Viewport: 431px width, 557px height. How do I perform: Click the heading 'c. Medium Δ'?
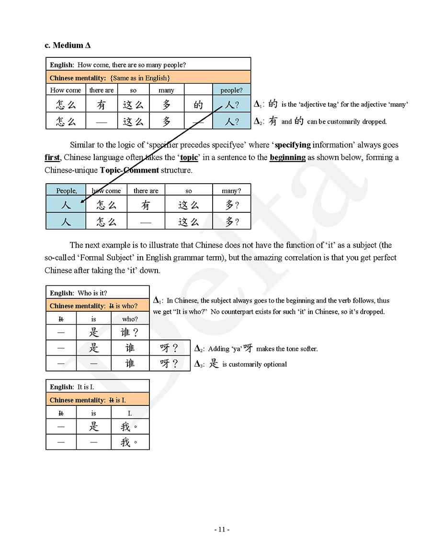point(68,45)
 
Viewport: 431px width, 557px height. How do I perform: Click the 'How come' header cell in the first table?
point(66,90)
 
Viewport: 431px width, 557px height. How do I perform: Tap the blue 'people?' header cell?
point(231,90)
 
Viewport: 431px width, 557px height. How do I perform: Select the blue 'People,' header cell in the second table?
point(66,190)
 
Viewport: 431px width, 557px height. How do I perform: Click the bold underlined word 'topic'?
point(189,157)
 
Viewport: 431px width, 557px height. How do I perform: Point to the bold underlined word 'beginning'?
point(287,157)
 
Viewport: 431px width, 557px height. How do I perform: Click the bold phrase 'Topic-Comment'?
point(129,170)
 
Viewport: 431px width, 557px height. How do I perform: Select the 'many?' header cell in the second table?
point(231,190)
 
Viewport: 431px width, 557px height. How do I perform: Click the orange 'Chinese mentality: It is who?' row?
point(98,306)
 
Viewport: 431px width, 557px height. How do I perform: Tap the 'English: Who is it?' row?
point(98,293)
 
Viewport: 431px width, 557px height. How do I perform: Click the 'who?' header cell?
point(130,319)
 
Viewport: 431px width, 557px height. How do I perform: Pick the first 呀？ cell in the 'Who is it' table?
point(169,348)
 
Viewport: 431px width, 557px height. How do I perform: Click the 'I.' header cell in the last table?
point(130,413)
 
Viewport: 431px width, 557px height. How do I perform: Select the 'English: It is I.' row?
point(98,387)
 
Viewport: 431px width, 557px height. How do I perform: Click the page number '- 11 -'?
point(221,529)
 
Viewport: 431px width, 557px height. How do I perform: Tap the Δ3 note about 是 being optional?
point(240,364)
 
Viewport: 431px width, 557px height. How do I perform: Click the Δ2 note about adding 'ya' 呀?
point(256,349)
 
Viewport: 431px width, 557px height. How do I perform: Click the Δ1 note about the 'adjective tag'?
point(330,104)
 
